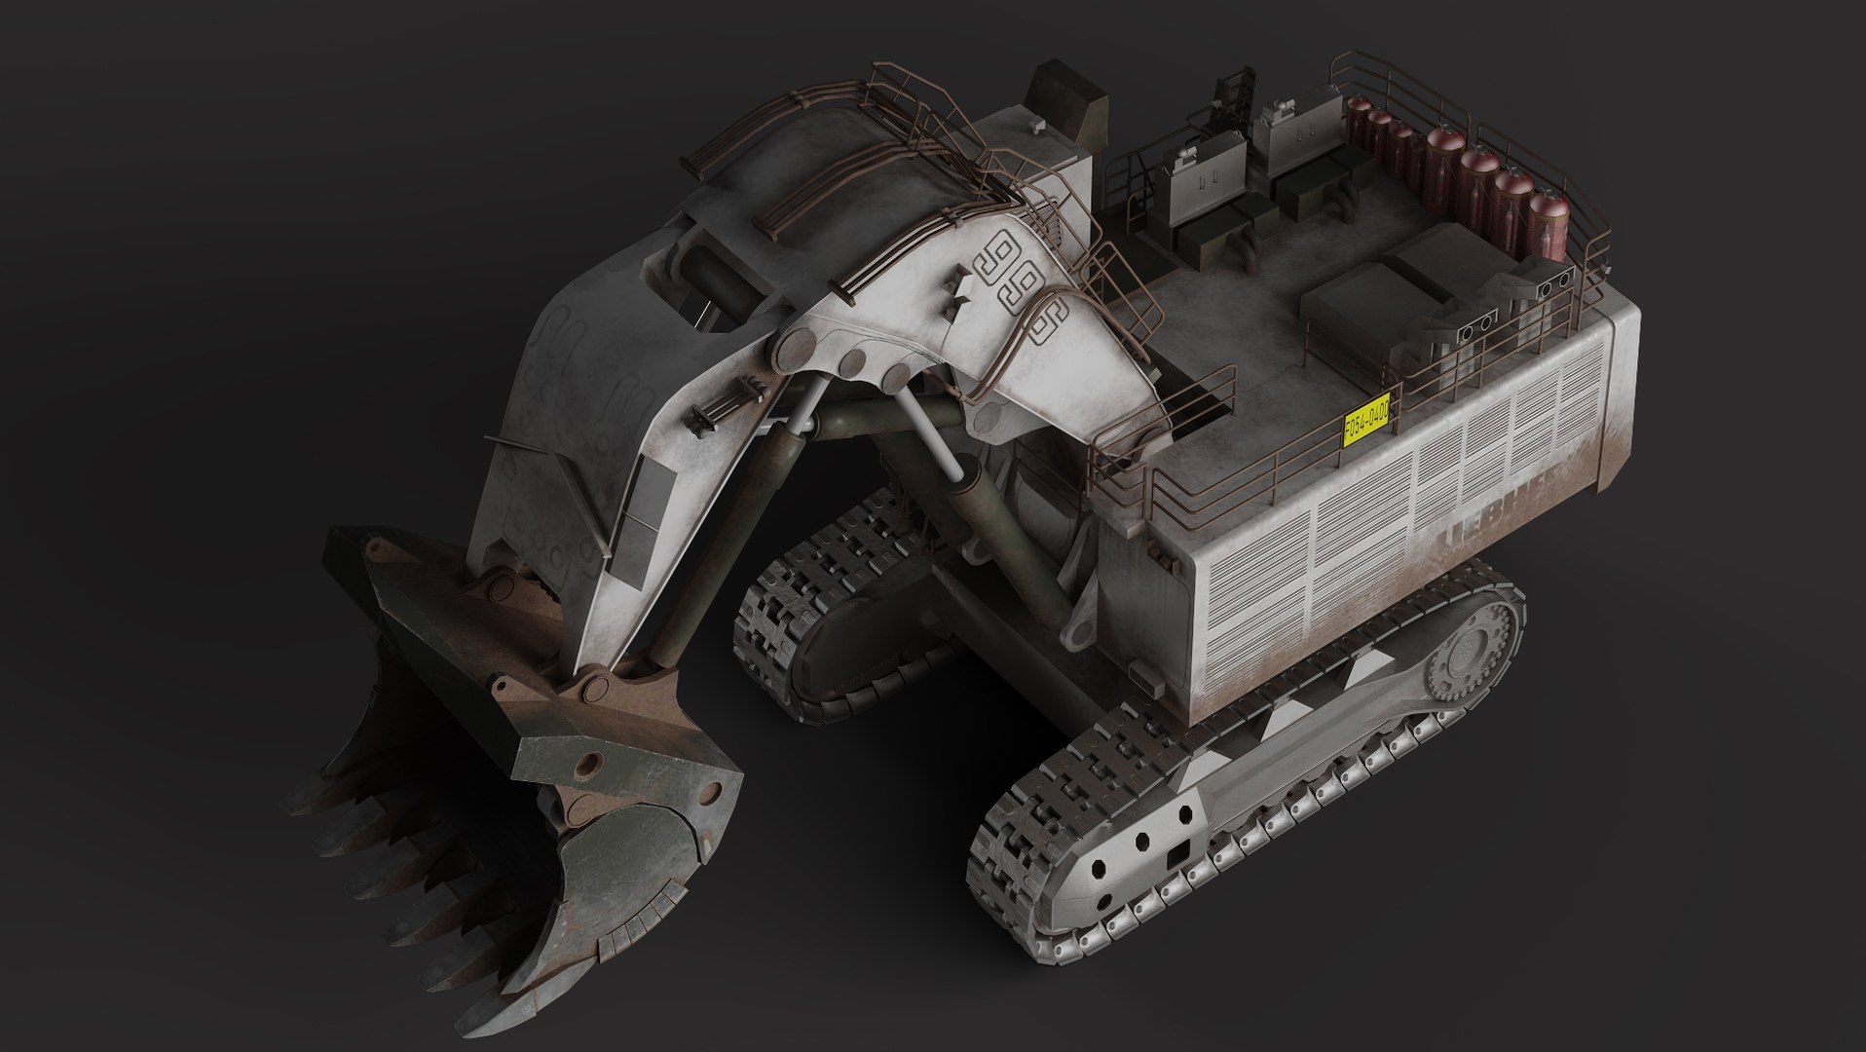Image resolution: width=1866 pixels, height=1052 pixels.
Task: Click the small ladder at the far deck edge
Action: [x=1235, y=98]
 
